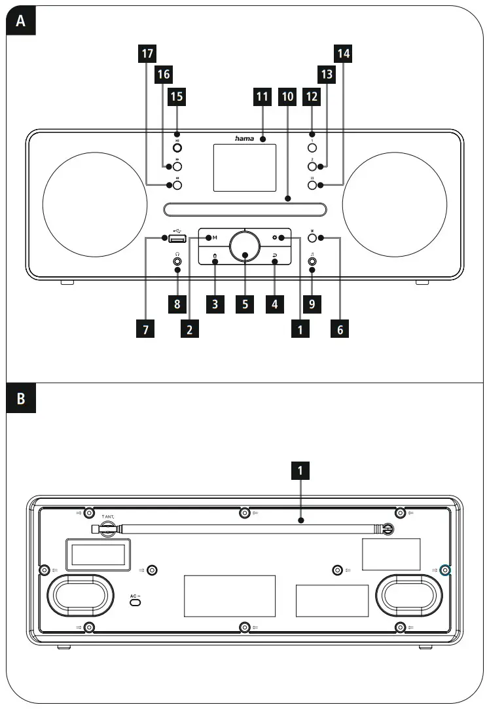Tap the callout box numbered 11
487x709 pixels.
pyautogui.click(x=262, y=97)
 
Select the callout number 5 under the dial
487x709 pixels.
pyautogui.click(x=244, y=304)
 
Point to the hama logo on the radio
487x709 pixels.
pyautogui.click(x=245, y=139)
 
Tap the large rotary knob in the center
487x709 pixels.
pyautogui.click(x=244, y=249)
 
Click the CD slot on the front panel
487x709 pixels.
pyautogui.click(x=244, y=210)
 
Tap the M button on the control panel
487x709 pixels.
pyautogui.click(x=214, y=237)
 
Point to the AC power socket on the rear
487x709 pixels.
pyautogui.click(x=135, y=601)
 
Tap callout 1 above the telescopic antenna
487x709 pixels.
pyautogui.click(x=300, y=471)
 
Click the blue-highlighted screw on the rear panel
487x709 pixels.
pyautogui.click(x=446, y=570)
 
